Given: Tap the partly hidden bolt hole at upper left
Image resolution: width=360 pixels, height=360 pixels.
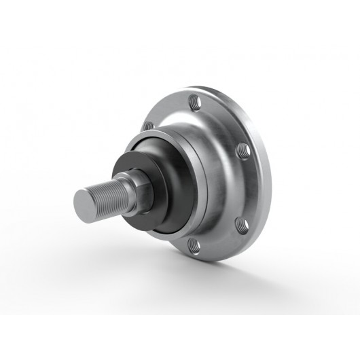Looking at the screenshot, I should click(148, 126).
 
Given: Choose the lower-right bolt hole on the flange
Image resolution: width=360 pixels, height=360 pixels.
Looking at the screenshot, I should click(240, 225).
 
